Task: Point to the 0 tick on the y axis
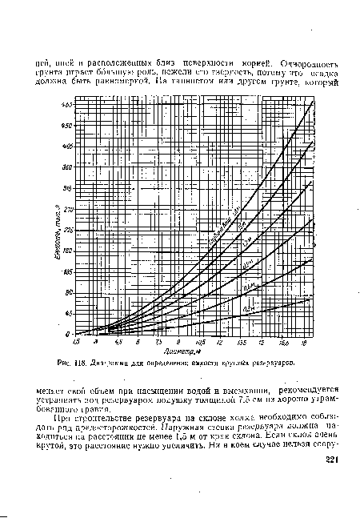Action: (70, 334)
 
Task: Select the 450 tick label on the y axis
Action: (68, 126)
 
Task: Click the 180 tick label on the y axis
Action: (68, 251)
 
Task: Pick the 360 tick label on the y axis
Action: (68, 167)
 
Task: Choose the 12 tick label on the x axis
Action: (220, 342)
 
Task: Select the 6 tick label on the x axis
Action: (138, 342)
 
